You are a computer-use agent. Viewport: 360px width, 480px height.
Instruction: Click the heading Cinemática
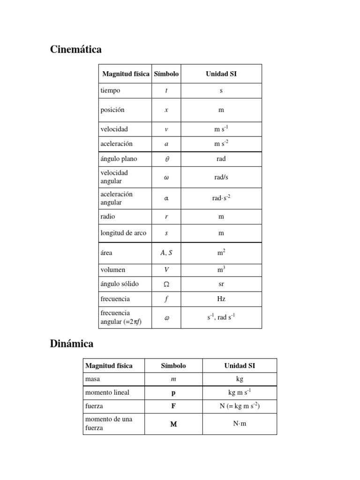pos(75,50)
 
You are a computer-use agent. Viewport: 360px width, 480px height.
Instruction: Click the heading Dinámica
pos(71,344)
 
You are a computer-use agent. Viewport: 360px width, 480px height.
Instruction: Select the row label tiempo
pos(110,90)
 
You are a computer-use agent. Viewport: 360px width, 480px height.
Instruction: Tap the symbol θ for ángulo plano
pos(166,159)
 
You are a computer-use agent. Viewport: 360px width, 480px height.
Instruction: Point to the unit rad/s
pos(221,177)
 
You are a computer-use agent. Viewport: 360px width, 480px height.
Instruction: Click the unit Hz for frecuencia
pos(221,299)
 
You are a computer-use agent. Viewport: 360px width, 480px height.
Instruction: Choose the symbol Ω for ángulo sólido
pos(166,284)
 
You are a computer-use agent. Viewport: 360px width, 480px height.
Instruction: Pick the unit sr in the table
pos(221,284)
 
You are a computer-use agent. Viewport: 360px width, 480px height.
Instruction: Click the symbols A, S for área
pos(166,253)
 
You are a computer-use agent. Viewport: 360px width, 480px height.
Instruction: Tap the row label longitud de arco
pos(123,233)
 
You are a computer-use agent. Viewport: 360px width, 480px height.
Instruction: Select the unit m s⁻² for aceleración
pos(221,143)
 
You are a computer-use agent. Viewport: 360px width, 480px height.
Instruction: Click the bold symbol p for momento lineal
pos(173,393)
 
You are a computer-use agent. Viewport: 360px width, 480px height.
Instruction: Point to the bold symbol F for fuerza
pos(173,406)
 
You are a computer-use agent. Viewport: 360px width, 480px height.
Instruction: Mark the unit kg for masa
pos(240,379)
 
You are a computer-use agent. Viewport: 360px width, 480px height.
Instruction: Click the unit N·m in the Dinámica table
pos(240,424)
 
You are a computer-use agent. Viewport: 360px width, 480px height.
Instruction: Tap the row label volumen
pos(113,270)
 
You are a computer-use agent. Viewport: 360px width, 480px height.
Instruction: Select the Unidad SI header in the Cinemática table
pos(221,74)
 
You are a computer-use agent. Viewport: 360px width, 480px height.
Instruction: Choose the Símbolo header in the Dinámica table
pos(173,366)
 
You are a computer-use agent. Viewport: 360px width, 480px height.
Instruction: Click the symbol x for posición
pos(166,110)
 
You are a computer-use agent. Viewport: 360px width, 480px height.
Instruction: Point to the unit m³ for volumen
pos(221,270)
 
